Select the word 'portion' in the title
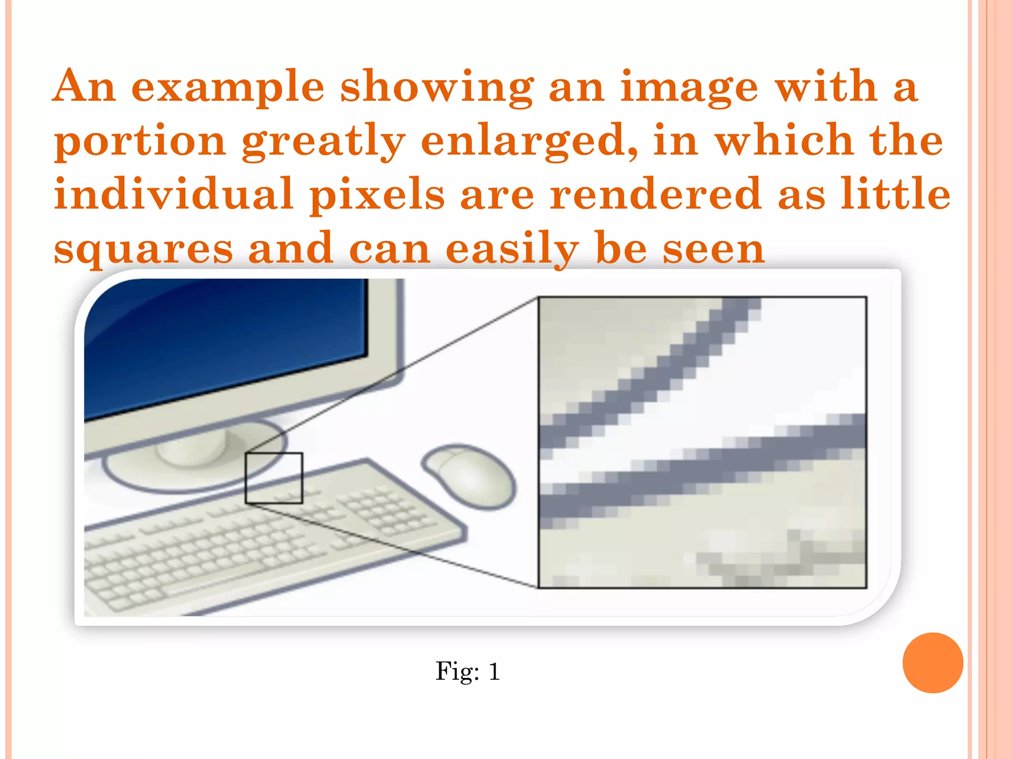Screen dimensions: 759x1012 point(140,142)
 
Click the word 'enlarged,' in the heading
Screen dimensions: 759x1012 point(529,142)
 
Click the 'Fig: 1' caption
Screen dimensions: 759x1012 point(467,672)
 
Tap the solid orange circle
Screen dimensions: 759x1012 point(932,663)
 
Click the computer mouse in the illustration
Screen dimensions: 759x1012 point(469,476)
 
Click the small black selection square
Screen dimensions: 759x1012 point(274,478)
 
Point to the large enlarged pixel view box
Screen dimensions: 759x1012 point(702,442)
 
